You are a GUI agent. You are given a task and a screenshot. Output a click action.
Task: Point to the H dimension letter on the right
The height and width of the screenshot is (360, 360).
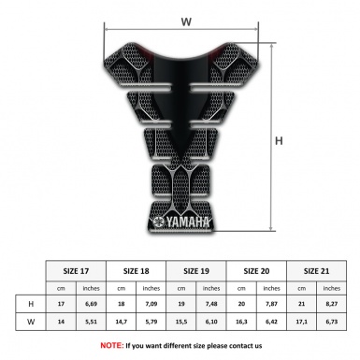coord(277,141)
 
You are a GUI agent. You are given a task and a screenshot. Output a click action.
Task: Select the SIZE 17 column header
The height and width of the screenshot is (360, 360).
coord(77,270)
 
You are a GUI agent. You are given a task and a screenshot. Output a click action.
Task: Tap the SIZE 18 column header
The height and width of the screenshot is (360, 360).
coord(137,270)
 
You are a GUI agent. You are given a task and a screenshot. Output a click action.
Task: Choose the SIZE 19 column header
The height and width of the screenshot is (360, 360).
coord(197,270)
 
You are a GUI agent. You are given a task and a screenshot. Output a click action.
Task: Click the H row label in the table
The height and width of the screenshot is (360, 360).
coord(31,304)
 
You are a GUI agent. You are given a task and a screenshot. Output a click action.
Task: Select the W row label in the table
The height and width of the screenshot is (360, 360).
coord(31,322)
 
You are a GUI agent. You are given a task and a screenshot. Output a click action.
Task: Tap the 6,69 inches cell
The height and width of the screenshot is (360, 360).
coord(92,304)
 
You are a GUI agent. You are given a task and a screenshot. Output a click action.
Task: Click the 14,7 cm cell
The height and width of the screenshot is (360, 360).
coord(122,322)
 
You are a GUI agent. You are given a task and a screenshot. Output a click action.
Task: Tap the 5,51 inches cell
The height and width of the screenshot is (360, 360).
coord(92,322)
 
